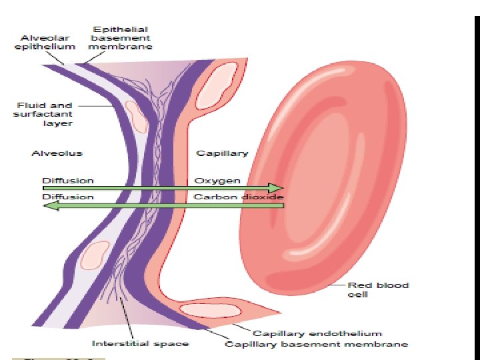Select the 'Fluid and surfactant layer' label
coord(45,114)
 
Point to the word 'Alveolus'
coord(57,153)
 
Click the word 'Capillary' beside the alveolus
coord(221,153)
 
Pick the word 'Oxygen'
coord(217,181)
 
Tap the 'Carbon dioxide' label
coord(238,197)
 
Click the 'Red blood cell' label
coord(377,289)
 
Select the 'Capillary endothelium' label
coord(317,333)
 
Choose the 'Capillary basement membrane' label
coord(316,344)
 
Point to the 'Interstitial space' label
coord(140,344)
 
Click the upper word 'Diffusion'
coord(68,181)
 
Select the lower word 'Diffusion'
coord(68,197)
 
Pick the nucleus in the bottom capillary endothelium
coord(206,310)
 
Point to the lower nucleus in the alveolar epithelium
coord(95,255)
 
